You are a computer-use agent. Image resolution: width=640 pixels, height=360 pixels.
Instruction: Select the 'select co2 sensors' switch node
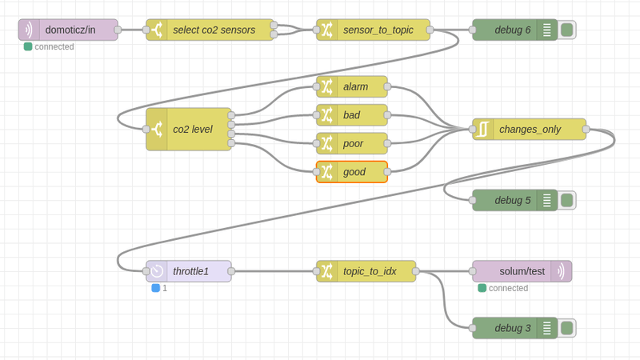click(x=212, y=30)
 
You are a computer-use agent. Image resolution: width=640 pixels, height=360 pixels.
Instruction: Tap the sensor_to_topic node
click(x=377, y=30)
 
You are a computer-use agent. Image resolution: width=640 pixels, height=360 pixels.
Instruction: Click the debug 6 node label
click(x=512, y=30)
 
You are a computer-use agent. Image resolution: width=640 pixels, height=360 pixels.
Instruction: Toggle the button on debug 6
click(x=567, y=30)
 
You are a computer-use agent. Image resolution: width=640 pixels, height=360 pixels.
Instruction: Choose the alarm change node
click(x=354, y=86)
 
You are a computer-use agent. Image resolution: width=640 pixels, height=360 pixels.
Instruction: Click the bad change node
click(x=354, y=115)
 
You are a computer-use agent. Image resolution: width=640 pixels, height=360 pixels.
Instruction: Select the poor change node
click(x=354, y=143)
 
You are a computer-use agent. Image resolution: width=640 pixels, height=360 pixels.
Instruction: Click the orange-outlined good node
click(x=354, y=172)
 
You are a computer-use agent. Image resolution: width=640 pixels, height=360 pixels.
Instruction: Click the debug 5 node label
click(x=512, y=200)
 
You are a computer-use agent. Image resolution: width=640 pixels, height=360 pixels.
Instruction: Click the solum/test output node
click(x=521, y=271)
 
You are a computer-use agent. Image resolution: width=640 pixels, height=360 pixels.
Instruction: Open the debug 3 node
click(x=512, y=328)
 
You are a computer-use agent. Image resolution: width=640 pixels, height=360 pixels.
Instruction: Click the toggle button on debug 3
click(x=567, y=328)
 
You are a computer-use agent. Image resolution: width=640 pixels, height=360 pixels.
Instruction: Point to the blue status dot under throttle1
click(x=156, y=288)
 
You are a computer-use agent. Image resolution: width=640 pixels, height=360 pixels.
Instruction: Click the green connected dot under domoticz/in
click(x=28, y=46)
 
